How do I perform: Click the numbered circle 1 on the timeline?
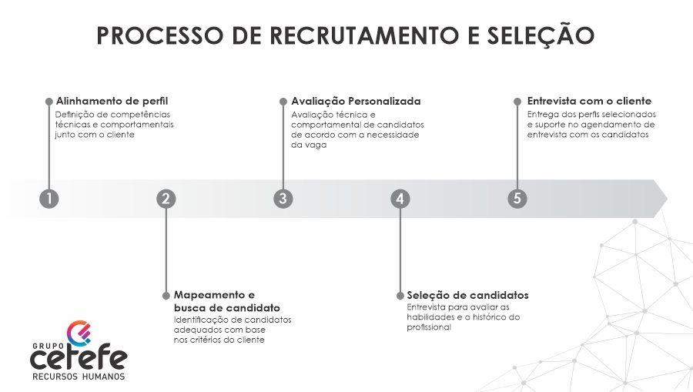[49, 199]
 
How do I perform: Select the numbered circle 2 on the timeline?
[166, 199]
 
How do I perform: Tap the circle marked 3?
[283, 199]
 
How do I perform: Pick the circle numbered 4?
[400, 199]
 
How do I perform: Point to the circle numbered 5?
[517, 199]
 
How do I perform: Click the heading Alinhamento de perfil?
[112, 101]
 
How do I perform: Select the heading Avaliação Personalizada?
[356, 102]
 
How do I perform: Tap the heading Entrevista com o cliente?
[589, 101]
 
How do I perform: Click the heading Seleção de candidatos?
[467, 295]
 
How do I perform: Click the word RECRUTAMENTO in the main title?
[365, 35]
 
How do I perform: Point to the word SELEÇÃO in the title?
[541, 35]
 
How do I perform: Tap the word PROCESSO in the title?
[160, 35]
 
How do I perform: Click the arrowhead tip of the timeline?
[667, 199]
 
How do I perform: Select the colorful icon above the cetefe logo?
[79, 333]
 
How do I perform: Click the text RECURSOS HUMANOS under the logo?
[79, 377]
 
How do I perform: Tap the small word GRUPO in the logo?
[47, 346]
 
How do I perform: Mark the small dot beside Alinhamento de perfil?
[49, 102]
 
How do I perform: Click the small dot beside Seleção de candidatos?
[400, 296]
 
